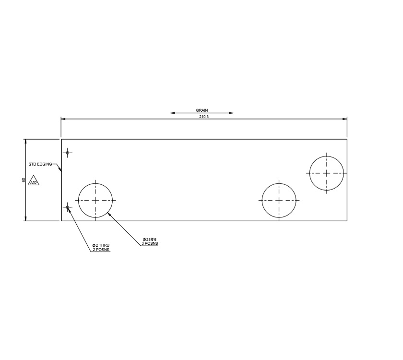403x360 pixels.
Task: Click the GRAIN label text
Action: pos(202,110)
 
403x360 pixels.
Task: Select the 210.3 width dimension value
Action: pos(203,117)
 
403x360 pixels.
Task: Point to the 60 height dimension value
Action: pos(23,180)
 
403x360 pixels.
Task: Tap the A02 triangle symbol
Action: pos(34,182)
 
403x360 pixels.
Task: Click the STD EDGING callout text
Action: pos(40,164)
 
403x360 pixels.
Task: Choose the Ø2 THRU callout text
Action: pos(101,245)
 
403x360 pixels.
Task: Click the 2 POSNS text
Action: pos(101,250)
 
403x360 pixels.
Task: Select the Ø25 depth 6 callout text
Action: pos(150,240)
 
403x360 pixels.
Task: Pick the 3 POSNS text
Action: pos(150,244)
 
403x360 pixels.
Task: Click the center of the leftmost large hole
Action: pos(95,200)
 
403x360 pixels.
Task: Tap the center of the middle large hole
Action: pos(279,200)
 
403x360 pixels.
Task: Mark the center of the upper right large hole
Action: pos(326,173)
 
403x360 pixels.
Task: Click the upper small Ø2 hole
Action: pos(68,153)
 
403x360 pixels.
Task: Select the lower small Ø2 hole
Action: pos(68,207)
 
